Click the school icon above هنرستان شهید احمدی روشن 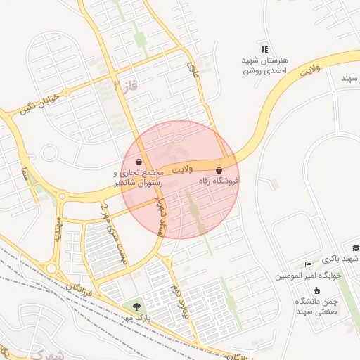pos(264,49)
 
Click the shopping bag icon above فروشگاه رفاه pos(219,170)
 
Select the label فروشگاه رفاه pos(218,181)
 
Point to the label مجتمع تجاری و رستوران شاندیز pos(139,177)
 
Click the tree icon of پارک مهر pos(136,307)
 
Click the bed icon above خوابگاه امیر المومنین pos(309,265)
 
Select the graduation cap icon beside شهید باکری pos(356,248)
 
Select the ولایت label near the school pos(309,70)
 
